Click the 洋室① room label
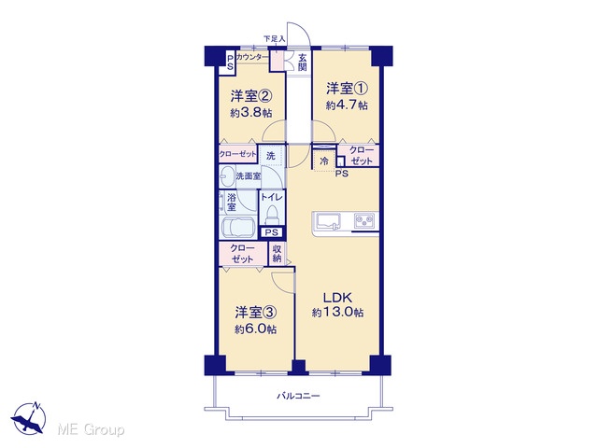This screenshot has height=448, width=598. [x=347, y=89]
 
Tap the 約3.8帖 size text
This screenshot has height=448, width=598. [x=251, y=113]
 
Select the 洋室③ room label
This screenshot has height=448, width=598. [x=255, y=313]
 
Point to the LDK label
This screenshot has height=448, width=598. [x=337, y=297]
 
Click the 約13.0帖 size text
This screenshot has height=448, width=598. [x=337, y=313]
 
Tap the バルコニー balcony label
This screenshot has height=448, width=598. [x=298, y=396]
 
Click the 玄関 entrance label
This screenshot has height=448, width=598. [x=303, y=63]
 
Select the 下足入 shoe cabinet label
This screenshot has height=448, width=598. [x=275, y=38]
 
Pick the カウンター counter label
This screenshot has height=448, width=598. [x=251, y=57]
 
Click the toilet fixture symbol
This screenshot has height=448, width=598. [x=272, y=215]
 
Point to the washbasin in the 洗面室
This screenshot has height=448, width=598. [x=227, y=176]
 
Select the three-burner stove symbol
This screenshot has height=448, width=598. [x=364, y=220]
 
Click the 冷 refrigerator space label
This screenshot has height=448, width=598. [x=324, y=161]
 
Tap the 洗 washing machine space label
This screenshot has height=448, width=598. [x=270, y=156]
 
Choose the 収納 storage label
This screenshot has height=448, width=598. [x=278, y=254]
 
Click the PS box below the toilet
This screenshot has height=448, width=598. [x=272, y=232]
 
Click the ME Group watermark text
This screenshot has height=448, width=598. [x=91, y=429]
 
